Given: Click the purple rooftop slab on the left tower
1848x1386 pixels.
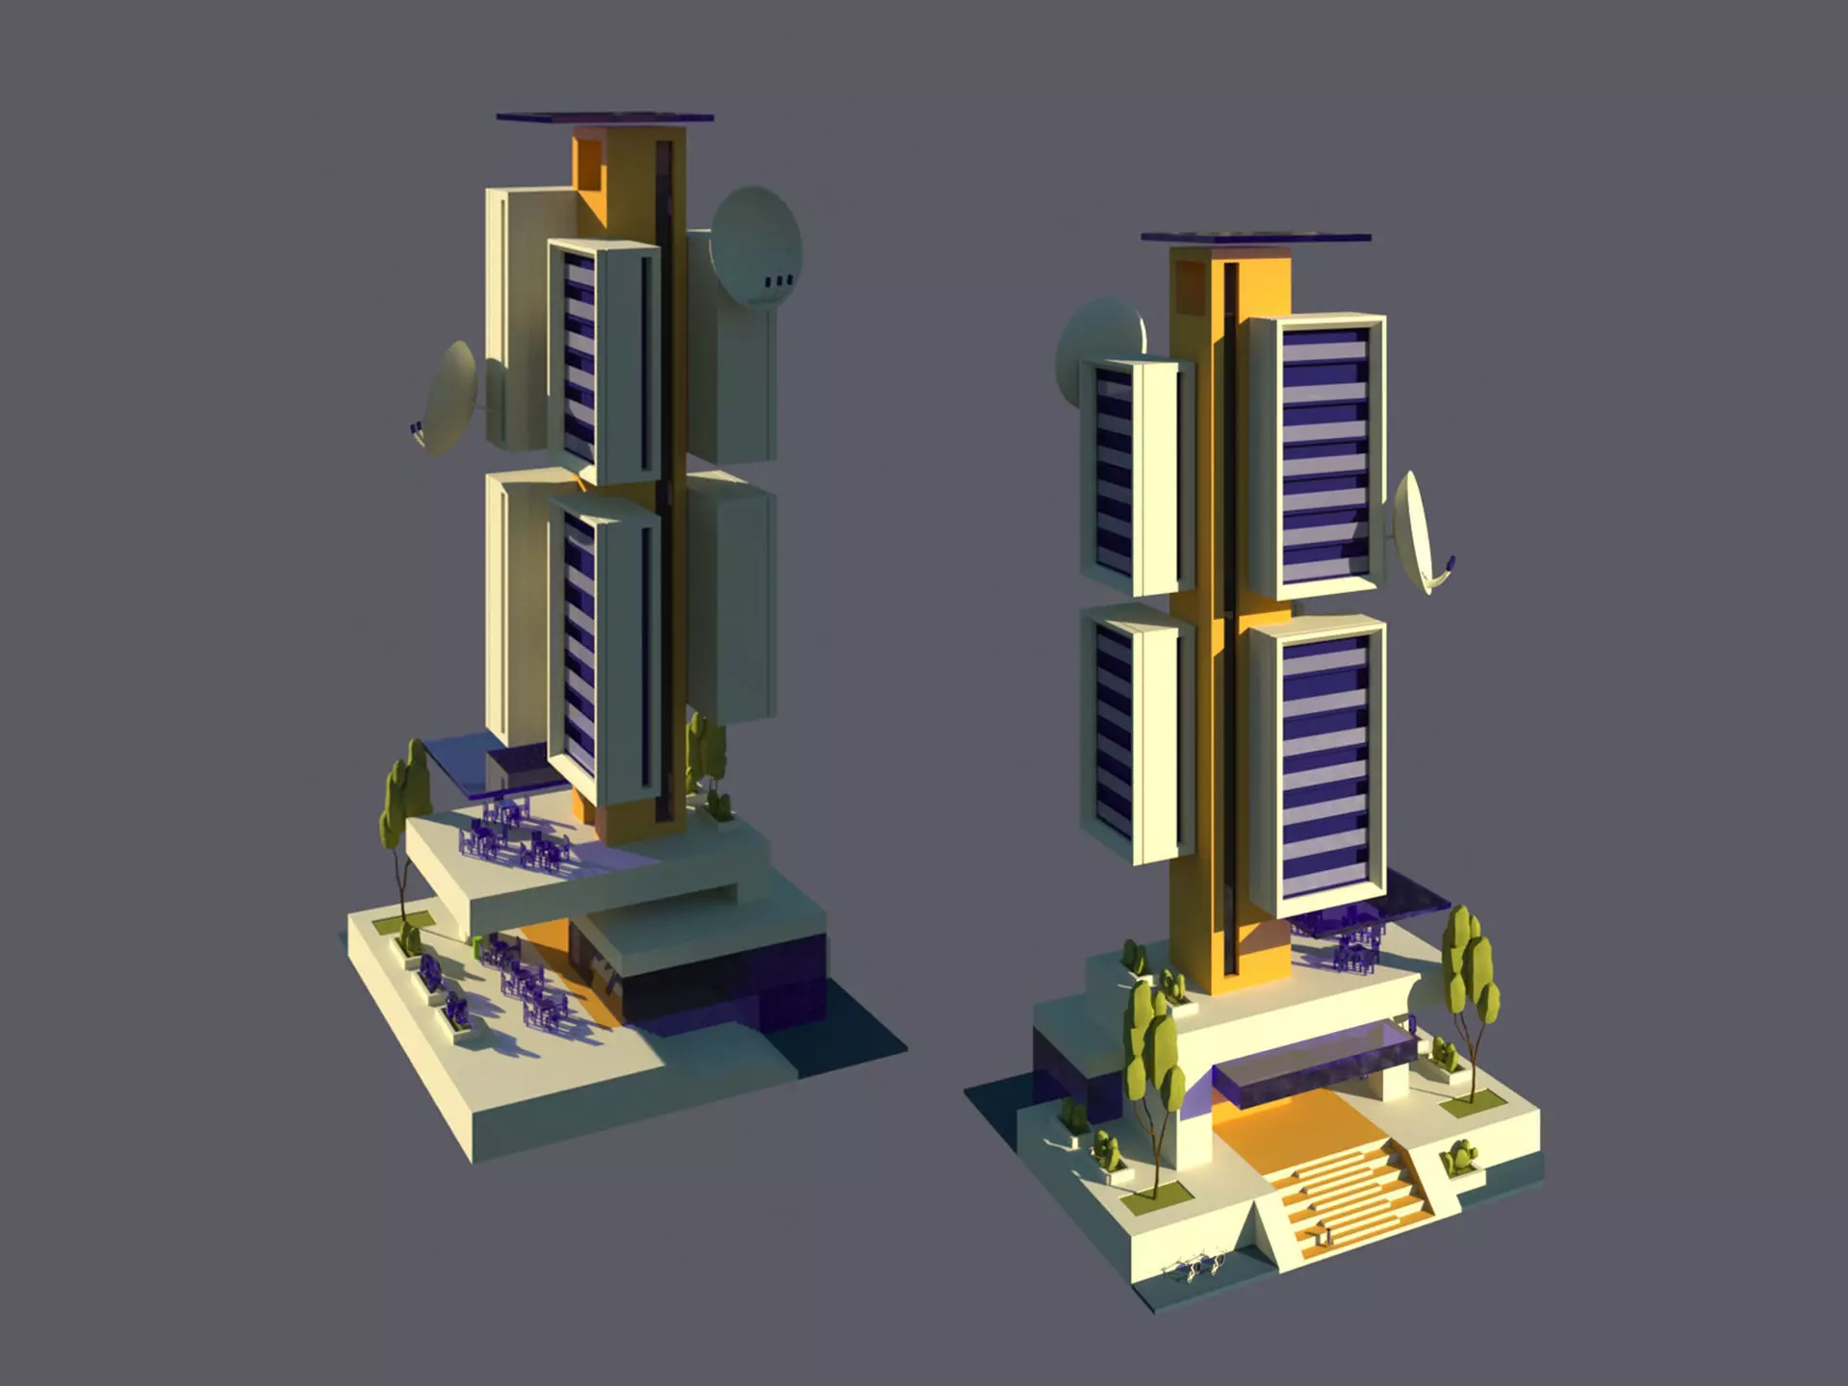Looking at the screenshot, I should pos(604,118).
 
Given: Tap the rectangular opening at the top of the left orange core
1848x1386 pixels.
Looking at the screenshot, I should pos(588,162).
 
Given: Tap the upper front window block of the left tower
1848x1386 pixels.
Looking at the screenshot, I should pos(603,361).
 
